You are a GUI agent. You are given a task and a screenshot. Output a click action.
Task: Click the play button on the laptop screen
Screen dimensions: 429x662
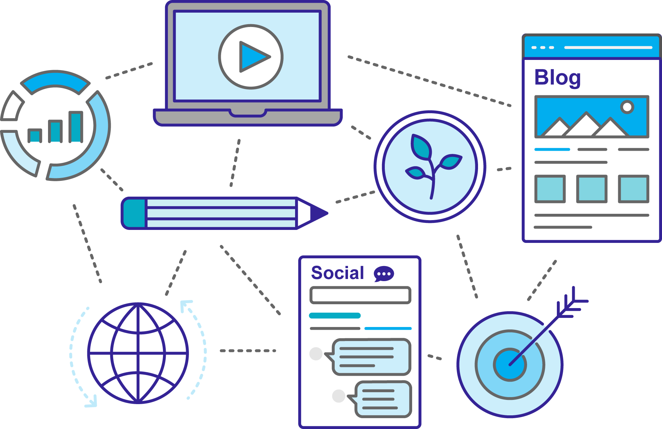251,57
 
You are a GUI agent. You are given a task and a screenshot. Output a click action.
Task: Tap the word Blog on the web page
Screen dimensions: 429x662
557,77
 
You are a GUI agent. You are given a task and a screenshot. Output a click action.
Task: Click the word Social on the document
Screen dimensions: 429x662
337,273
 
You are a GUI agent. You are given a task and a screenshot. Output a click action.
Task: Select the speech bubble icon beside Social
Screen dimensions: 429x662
384,274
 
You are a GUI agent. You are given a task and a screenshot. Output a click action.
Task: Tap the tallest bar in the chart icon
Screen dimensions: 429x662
76,127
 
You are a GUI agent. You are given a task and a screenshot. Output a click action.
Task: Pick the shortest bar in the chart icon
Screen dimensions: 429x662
35,136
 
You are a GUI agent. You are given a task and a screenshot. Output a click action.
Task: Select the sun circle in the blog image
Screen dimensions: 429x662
627,107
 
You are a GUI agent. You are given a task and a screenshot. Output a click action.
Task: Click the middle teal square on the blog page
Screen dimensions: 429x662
592,189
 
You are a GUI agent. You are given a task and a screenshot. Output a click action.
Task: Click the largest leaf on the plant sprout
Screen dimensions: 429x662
421,146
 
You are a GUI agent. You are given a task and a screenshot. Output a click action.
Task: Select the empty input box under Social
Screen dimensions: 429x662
360,295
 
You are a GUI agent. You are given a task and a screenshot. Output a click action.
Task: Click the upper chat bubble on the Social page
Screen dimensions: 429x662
370,357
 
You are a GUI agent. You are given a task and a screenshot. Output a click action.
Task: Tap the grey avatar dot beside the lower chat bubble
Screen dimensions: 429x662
339,396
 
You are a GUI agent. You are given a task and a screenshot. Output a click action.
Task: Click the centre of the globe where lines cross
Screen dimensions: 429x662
138,353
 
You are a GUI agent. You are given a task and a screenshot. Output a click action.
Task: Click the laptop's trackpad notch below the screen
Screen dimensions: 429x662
247,113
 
